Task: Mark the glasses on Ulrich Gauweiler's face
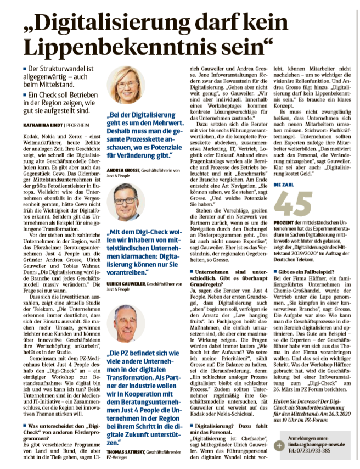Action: tap(126, 199)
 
